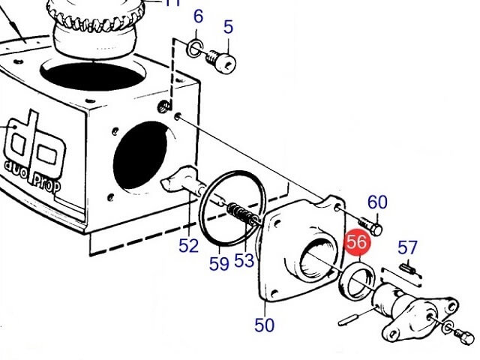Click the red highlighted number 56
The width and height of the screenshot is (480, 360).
[x=357, y=241]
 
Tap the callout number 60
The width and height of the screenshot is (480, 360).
[x=377, y=202]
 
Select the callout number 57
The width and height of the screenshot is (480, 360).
[x=407, y=247]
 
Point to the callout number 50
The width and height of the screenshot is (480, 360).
[x=265, y=325]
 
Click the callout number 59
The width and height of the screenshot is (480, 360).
[x=219, y=263]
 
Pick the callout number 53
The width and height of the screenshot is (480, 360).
[x=244, y=260]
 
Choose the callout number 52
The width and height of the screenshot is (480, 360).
[x=188, y=245]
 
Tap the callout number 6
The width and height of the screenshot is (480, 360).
[x=198, y=16]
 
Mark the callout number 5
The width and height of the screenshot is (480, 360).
[x=228, y=27]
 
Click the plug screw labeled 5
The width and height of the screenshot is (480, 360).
[x=221, y=61]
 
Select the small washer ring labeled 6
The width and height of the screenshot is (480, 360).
[x=194, y=48]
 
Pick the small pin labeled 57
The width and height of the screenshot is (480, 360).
[x=407, y=268]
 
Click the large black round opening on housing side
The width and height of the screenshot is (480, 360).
[x=140, y=155]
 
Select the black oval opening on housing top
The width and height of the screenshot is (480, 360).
[x=91, y=76]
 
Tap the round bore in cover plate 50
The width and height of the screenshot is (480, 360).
[x=317, y=257]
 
